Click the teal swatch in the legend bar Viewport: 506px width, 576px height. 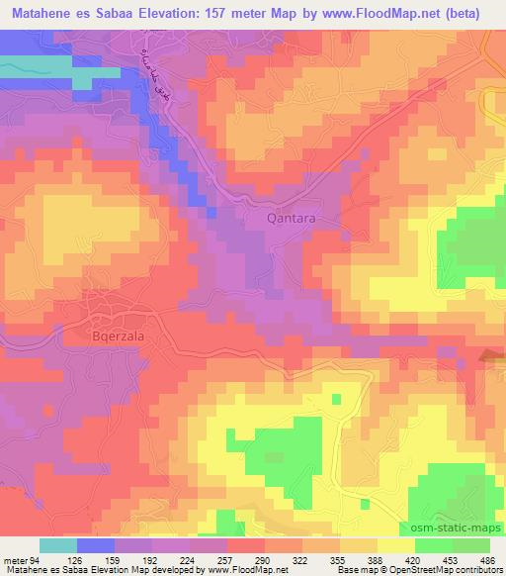pyautogui.click(x=57, y=545)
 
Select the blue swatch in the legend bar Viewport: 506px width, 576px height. pyautogui.click(x=93, y=545)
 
